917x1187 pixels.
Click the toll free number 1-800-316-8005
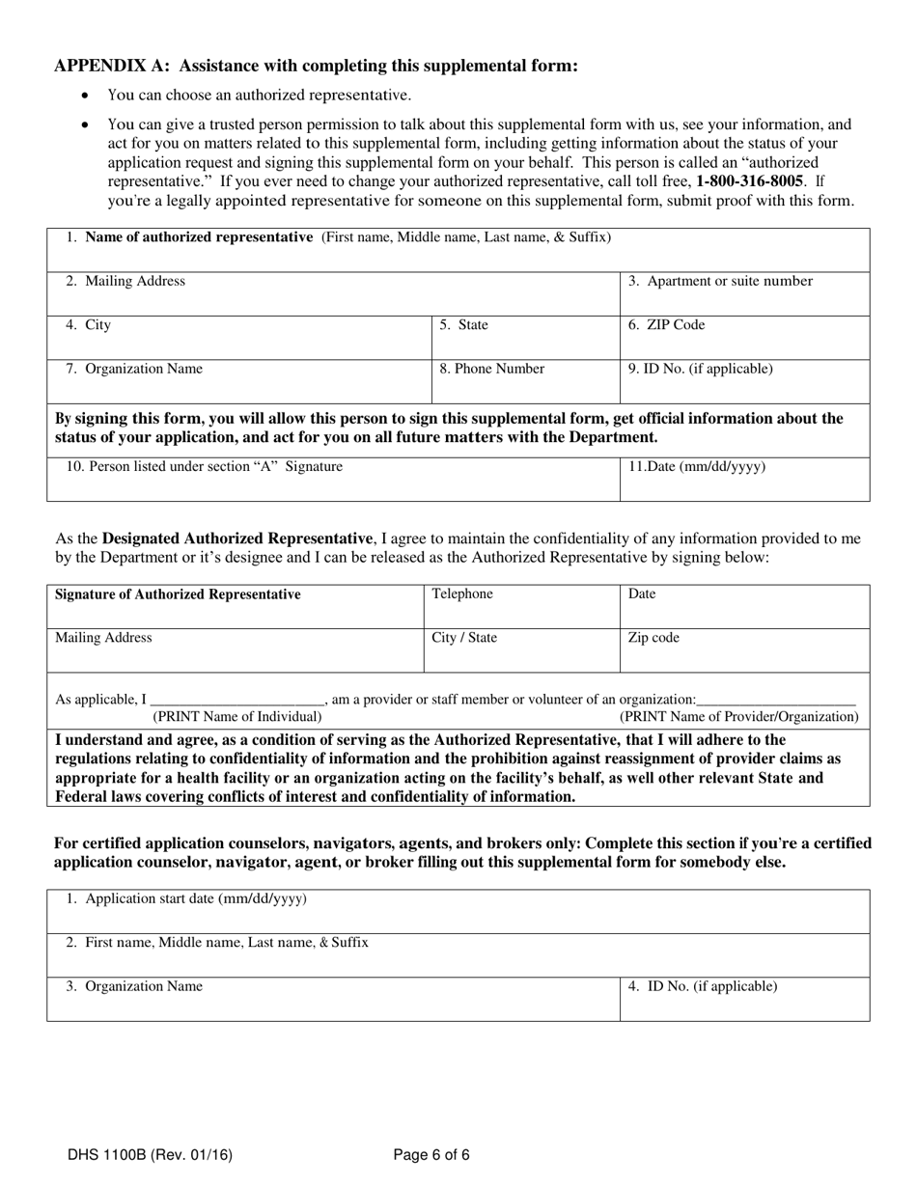point(749,180)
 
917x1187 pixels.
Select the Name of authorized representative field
point(458,250)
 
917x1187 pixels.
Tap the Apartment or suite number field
point(744,293)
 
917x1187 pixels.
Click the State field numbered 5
point(525,338)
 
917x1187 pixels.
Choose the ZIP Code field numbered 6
point(744,338)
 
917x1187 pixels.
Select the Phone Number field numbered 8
point(525,381)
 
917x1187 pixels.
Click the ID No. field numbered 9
point(744,381)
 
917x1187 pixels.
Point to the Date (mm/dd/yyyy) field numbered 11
point(744,480)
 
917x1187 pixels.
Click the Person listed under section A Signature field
point(333,480)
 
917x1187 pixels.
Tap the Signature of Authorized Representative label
point(178,594)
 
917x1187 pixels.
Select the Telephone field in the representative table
point(521,606)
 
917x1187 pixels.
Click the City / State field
point(521,649)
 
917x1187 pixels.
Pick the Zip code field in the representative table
point(744,649)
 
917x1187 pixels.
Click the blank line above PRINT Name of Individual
point(237,699)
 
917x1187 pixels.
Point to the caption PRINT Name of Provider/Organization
point(738,716)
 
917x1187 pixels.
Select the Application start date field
point(458,911)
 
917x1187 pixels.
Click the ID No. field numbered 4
point(744,999)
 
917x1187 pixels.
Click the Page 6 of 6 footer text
point(431,1154)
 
